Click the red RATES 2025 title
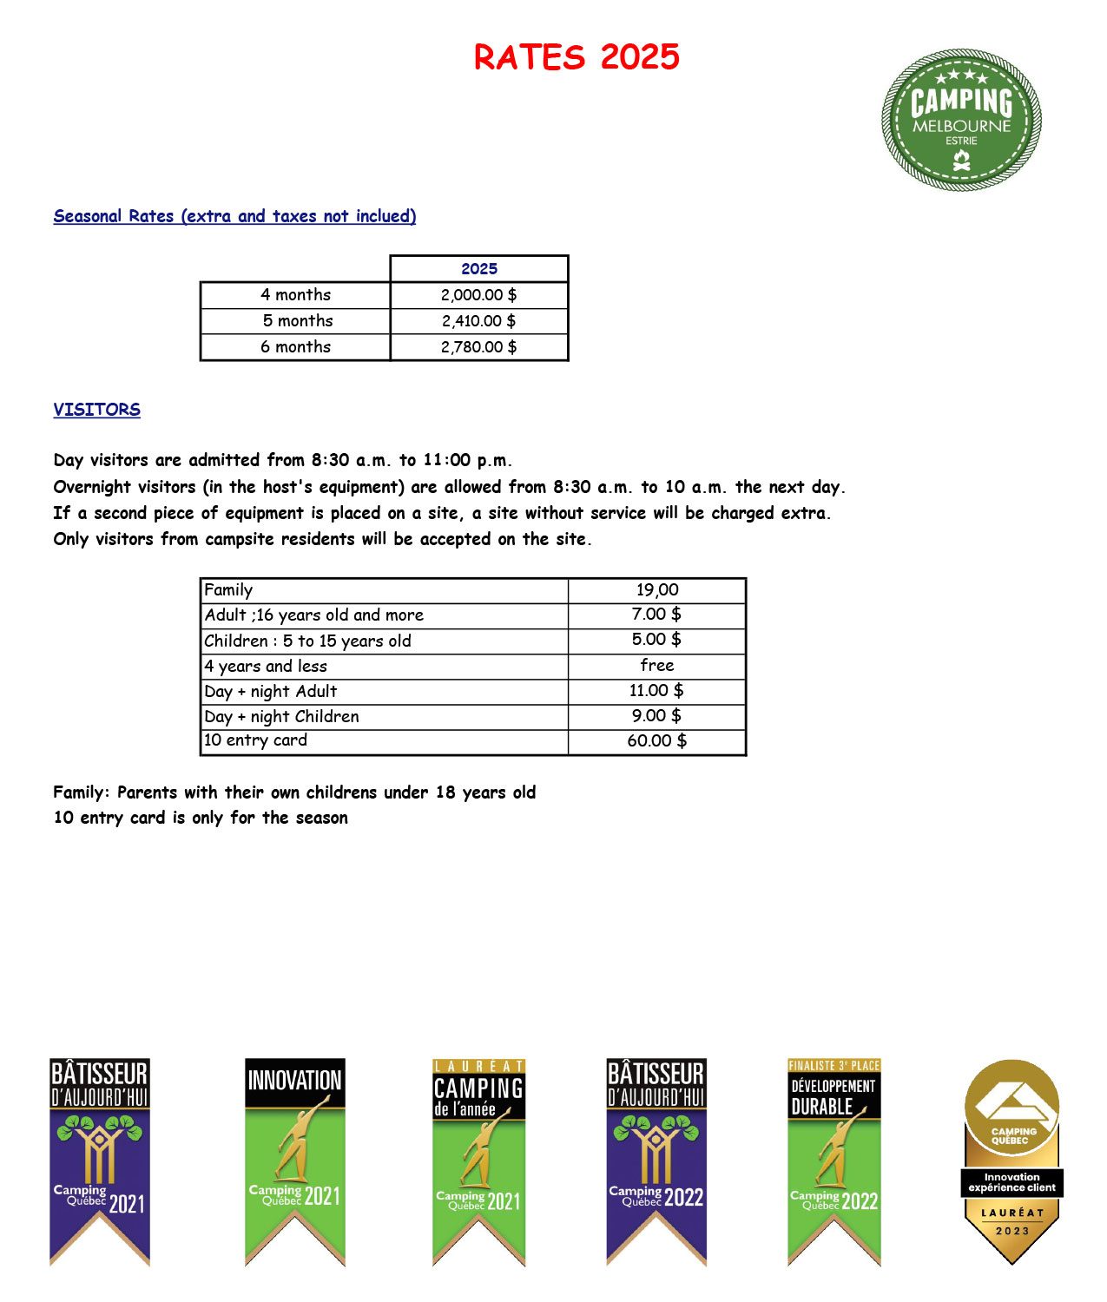577,57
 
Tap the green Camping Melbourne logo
961,120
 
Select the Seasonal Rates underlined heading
234,216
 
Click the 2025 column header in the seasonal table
479,269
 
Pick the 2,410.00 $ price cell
479,321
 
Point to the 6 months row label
295,347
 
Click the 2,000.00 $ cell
479,295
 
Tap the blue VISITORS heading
96,410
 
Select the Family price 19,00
657,590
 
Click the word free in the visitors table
657,666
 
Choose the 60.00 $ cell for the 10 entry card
657,741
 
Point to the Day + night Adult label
271,692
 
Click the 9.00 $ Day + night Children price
657,716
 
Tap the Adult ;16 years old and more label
314,615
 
